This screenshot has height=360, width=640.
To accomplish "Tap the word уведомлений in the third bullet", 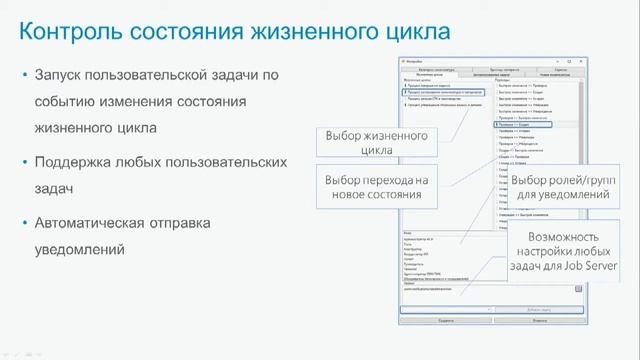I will [79, 248].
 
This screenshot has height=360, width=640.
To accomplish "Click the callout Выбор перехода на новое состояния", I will [361, 186].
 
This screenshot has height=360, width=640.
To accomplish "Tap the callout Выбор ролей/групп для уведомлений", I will [564, 186].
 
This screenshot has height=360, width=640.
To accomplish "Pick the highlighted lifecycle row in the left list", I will [446, 91].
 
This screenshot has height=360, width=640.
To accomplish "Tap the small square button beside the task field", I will [578, 289].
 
